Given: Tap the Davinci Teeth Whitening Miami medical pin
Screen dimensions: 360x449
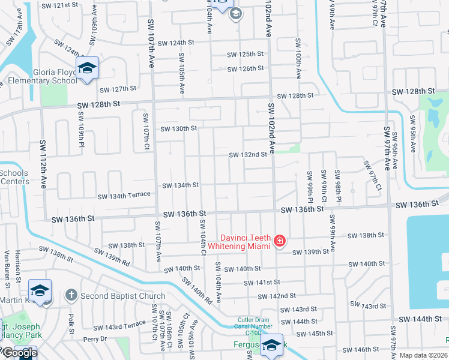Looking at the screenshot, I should pyautogui.click(x=279, y=242).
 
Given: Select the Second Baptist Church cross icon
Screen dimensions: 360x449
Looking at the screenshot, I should pyautogui.click(x=71, y=295).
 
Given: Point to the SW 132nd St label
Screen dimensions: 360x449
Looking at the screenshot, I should pyautogui.click(x=248, y=155).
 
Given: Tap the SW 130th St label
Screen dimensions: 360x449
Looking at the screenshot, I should pyautogui.click(x=178, y=128).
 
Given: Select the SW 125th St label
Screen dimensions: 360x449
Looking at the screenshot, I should pyautogui.click(x=246, y=54).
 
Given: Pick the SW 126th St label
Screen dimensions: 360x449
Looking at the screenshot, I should pyautogui.click(x=246, y=69).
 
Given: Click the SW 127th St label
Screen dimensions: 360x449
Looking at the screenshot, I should pyautogui.click(x=118, y=89).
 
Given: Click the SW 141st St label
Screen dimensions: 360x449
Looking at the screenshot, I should pyautogui.click(x=262, y=282).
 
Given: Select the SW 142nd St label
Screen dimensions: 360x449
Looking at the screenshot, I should pyautogui.click(x=276, y=296).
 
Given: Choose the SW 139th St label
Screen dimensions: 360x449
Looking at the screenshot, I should pyautogui.click(x=310, y=252).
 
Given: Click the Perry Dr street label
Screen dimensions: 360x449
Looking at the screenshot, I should pyautogui.click(x=95, y=339).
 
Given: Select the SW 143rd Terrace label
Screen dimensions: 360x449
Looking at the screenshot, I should pyautogui.click(x=125, y=325).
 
